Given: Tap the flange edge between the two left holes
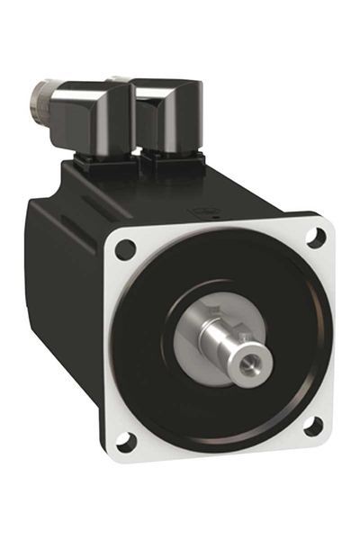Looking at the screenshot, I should (112, 346).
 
